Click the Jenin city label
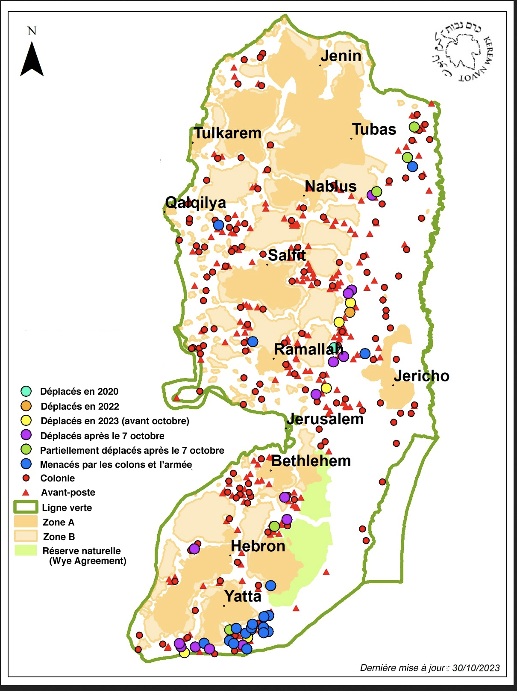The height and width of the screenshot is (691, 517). click(341, 56)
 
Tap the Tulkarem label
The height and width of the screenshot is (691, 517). click(227, 133)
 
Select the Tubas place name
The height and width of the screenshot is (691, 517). click(374, 129)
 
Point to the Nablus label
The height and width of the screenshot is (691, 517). click(330, 186)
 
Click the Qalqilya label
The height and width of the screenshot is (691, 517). click(196, 202)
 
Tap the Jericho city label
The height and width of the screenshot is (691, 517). click(421, 376)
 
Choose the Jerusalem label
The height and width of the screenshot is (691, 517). click(325, 419)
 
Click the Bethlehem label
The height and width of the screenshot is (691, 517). click(311, 461)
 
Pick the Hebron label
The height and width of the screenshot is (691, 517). click(258, 546)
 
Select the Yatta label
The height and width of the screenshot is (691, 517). click(243, 596)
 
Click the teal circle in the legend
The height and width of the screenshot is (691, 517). click(26, 391)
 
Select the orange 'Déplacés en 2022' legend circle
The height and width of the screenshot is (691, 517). click(26, 406)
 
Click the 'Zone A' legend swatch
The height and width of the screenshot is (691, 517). click(26, 522)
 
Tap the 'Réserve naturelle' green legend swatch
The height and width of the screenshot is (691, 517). click(26, 550)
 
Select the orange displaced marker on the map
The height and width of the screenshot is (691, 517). click(350, 312)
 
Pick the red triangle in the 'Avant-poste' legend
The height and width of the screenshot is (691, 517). click(26, 493)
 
